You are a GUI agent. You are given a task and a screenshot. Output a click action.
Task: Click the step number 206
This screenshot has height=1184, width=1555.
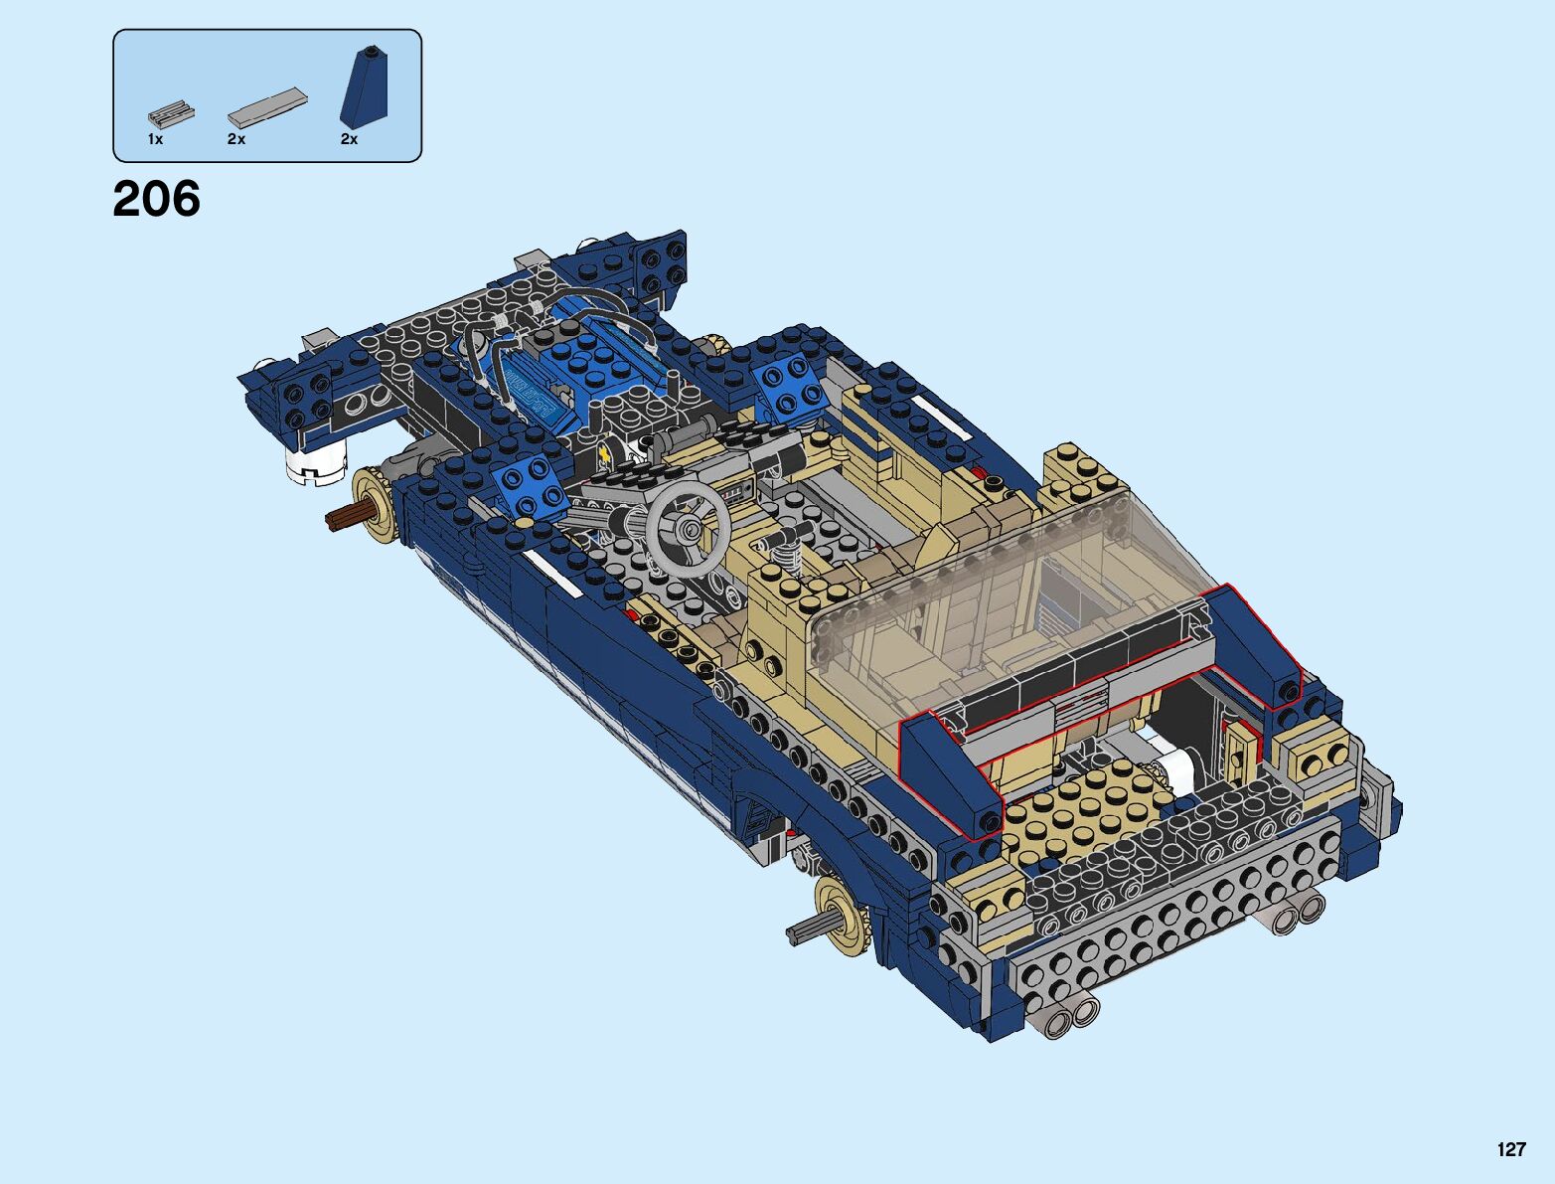click(157, 199)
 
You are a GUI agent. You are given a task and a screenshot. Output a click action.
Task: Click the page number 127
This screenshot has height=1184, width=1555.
click(1511, 1148)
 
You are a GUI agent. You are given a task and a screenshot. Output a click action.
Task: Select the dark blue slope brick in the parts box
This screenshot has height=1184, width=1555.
click(364, 87)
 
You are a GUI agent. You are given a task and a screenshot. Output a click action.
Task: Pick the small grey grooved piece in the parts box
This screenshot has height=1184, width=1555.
click(172, 114)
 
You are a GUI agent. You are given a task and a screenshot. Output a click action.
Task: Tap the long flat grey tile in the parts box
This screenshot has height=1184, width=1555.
click(268, 107)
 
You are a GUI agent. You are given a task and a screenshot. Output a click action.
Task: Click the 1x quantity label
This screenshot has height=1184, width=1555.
click(155, 139)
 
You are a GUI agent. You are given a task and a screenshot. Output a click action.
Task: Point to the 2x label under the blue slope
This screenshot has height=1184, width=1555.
click(349, 139)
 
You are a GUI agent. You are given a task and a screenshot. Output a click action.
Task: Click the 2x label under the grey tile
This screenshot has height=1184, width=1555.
click(235, 139)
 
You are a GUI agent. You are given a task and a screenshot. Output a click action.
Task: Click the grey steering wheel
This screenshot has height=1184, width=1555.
click(688, 527)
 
